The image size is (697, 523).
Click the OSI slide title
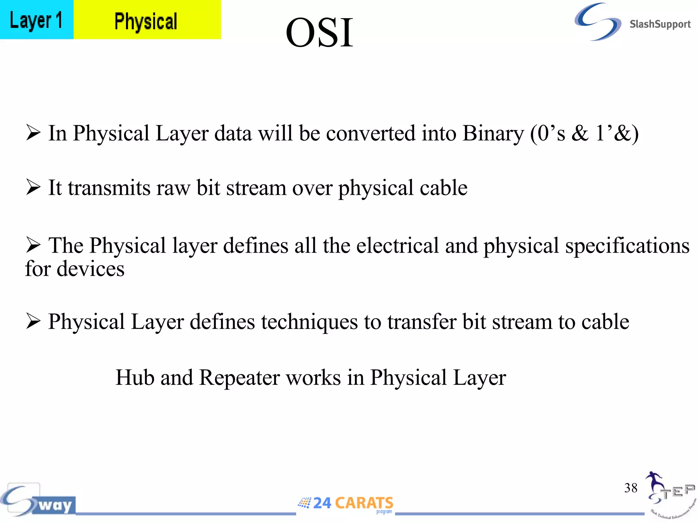point(319,33)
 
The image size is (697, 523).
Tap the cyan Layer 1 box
point(36,20)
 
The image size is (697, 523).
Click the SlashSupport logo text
point(660,24)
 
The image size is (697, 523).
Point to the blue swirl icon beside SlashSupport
point(598,22)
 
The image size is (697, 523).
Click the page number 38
point(631,488)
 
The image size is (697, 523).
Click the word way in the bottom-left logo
point(55,505)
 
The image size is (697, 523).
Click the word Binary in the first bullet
point(493,133)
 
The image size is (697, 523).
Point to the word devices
point(90,269)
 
